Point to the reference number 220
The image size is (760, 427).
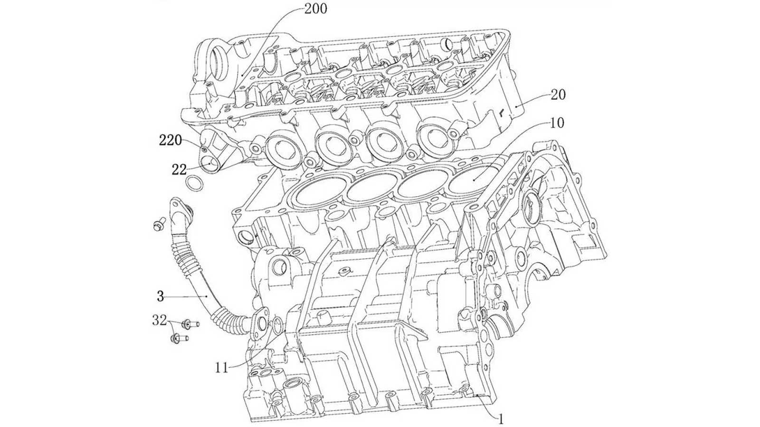170,140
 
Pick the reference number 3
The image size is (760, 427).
161,297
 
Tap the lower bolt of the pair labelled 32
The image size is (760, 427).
178,339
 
